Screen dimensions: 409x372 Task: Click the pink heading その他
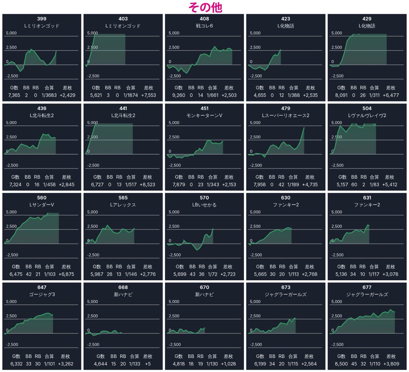tap(205, 7)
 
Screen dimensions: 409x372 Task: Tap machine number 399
tap(42, 19)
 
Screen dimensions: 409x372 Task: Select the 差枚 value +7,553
tap(148, 95)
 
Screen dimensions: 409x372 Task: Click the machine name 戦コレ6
tap(204, 26)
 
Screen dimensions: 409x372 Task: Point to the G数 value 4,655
tap(260, 95)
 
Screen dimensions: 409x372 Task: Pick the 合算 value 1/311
tap(375, 95)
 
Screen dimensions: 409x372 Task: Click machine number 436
tap(42, 108)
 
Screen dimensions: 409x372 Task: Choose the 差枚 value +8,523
tap(148, 185)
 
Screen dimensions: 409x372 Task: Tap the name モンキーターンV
tap(204, 115)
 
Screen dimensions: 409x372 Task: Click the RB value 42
tap(282, 185)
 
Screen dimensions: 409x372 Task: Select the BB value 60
tap(354, 185)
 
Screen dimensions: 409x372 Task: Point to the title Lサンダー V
tap(42, 205)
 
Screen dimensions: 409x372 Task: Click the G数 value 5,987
tap(97, 274)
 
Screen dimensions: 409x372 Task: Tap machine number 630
tap(286, 198)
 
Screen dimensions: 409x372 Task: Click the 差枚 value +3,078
tap(390, 274)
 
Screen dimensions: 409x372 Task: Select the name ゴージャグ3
tap(42, 294)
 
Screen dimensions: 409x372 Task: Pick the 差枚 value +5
tap(148, 363)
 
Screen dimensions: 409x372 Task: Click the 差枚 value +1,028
tap(228, 363)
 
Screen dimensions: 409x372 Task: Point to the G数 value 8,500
tap(341, 363)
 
